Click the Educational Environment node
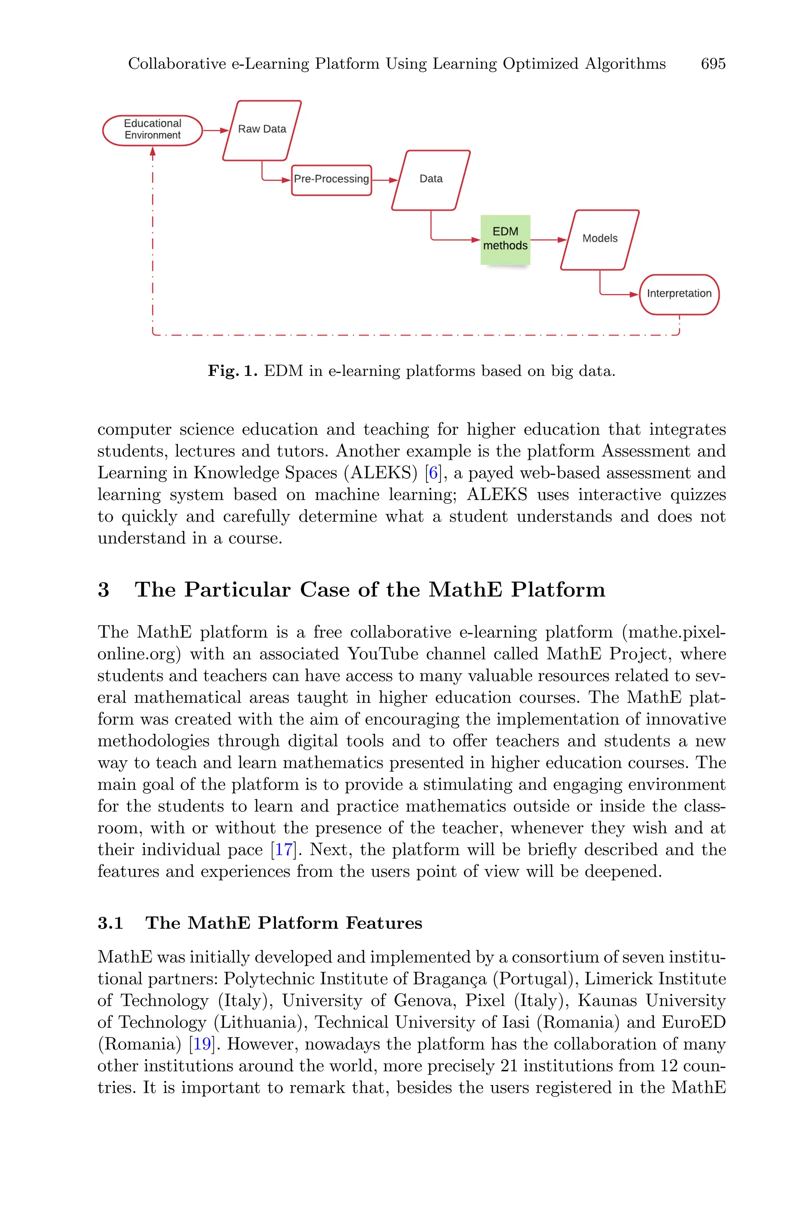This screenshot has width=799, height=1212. (153, 130)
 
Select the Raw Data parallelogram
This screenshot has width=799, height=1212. (262, 130)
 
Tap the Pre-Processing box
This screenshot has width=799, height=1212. (331, 180)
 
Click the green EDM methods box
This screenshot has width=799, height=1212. (505, 239)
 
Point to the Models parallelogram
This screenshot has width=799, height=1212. (600, 239)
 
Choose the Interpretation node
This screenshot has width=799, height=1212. (679, 294)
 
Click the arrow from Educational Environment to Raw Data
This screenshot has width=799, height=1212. (216, 130)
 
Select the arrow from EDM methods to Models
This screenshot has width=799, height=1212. (548, 240)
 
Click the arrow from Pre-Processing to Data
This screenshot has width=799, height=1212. (385, 180)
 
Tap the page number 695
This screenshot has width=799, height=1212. (713, 64)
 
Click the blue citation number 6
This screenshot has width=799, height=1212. (433, 473)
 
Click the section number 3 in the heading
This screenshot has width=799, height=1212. (103, 590)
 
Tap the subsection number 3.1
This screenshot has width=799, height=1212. (110, 923)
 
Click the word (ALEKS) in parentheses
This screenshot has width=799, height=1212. (381, 473)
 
